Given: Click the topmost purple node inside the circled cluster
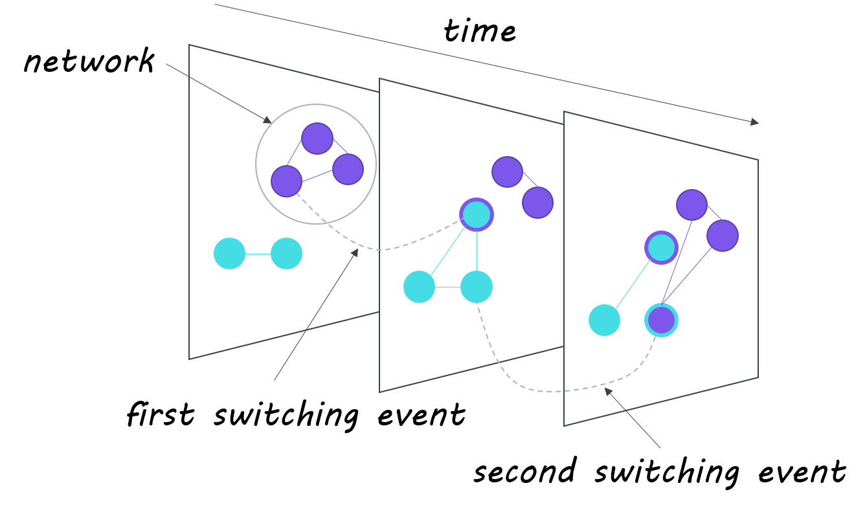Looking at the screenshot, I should tap(317, 139).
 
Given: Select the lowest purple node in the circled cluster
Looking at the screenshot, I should tap(286, 181).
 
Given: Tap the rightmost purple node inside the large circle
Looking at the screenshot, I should tap(348, 169).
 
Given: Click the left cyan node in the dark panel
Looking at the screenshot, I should tap(229, 253).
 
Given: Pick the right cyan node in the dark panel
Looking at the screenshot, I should tap(286, 253).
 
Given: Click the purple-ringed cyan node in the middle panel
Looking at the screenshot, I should tap(477, 214).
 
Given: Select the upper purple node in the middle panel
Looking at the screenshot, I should tap(507, 172).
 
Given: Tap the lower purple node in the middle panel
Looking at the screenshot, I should tap(537, 203).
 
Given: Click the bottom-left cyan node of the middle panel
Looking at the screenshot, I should tap(419, 287).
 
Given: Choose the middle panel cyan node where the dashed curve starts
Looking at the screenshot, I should tap(477, 287).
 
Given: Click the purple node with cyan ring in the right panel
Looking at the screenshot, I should tap(661, 320).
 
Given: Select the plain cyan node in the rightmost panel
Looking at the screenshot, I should tap(604, 320).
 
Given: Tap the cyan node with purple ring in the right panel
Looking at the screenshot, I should tap(661, 247).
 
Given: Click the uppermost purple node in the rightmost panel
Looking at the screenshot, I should tap(692, 205).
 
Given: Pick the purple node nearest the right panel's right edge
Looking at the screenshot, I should tap(723, 236).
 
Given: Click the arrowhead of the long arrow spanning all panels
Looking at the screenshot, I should tap(755, 122).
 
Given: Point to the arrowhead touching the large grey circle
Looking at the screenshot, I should tap(267, 120).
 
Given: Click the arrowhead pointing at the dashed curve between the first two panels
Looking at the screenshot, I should tap(355, 252).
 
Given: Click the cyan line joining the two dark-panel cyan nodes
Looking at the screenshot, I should tap(258, 254).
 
